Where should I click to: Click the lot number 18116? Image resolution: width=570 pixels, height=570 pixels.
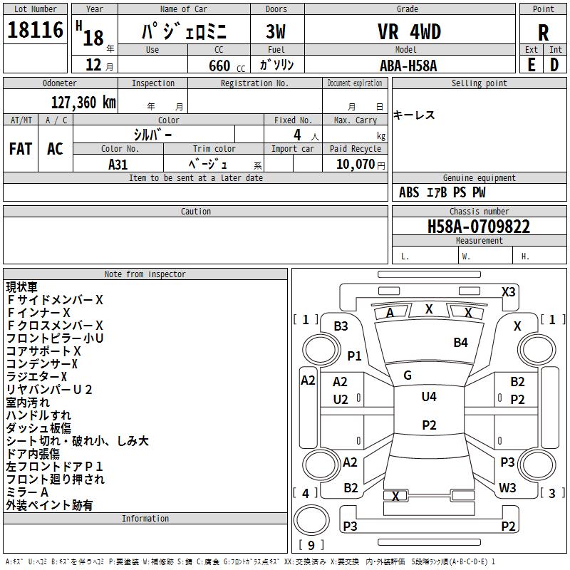point(35,29)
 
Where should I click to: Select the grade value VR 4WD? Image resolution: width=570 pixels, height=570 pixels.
point(409,31)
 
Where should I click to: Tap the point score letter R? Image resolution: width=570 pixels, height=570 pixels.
point(543,33)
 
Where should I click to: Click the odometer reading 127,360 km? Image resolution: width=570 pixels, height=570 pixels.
point(83,103)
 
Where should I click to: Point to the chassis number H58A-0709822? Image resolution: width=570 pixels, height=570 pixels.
point(479,227)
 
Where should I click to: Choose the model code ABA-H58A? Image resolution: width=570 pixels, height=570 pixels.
point(408,66)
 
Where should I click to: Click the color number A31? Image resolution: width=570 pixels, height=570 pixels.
point(118,165)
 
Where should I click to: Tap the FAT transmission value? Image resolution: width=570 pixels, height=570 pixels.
point(21,149)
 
